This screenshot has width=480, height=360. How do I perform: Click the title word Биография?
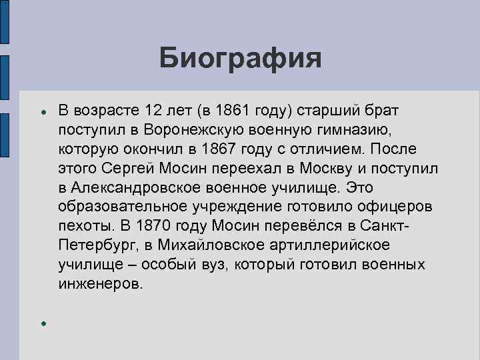[x=240, y=58]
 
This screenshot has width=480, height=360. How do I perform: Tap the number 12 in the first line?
[x=153, y=109]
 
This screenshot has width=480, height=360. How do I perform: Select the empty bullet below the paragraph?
[x=42, y=323]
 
